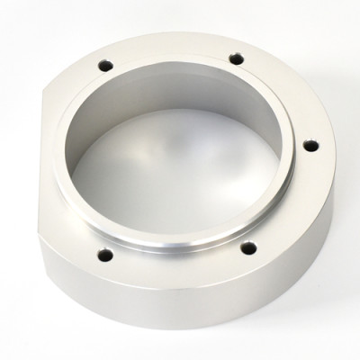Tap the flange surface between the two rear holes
[171, 45]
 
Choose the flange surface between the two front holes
[175, 271]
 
